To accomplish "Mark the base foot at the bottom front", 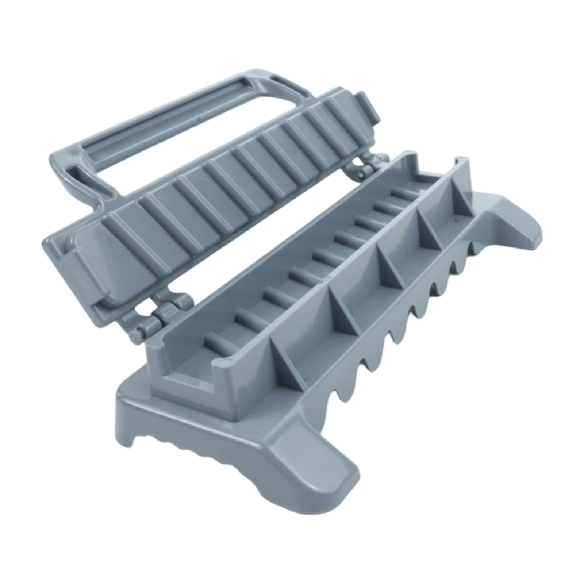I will [x=328, y=493].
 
